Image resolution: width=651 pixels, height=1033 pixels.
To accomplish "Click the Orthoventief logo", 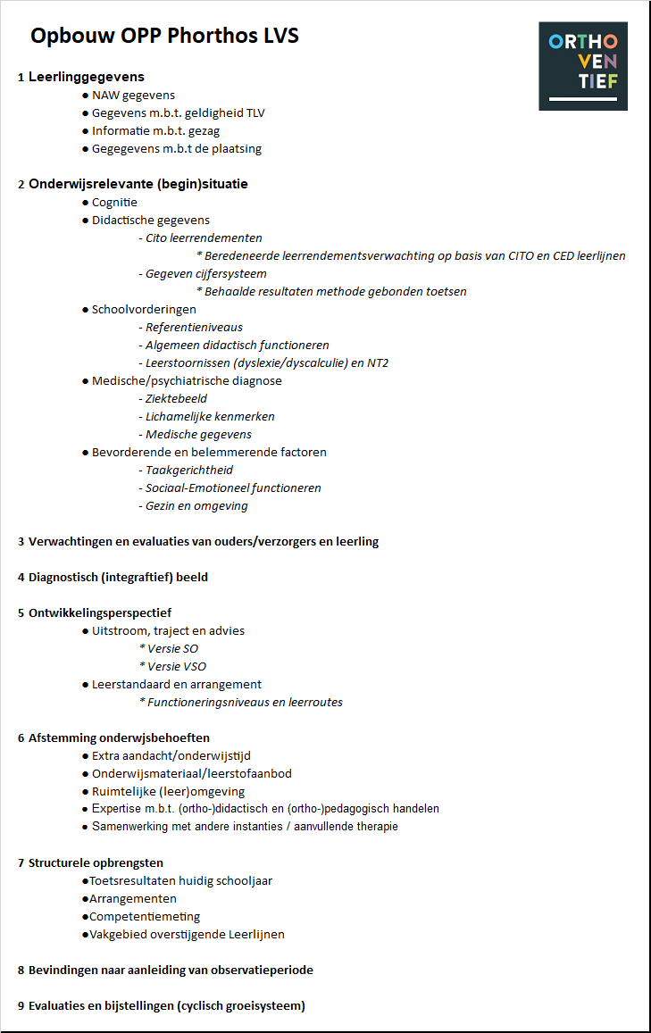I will coord(582,66).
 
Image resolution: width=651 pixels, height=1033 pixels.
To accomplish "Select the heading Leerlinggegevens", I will coord(86,77).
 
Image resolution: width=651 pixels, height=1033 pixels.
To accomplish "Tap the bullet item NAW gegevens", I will coord(133,95).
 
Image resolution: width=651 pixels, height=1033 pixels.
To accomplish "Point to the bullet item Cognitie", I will coord(114,202).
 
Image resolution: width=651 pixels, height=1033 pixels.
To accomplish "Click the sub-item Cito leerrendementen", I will coord(204,237).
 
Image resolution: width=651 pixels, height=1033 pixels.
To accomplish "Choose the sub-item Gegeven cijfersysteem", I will coord(205,273).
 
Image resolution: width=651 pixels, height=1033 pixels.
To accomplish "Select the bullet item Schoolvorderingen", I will coord(144,309).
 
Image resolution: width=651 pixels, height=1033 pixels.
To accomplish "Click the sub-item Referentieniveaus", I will coord(194,327).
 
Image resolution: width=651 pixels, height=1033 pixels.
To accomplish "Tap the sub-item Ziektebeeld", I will coord(176,398).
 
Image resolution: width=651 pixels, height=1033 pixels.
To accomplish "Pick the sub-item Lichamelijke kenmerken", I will coord(210,416).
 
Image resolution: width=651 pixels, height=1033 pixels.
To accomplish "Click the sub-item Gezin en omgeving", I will coord(196,505).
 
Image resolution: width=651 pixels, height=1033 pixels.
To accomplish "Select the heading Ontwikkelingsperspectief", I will coord(99,612).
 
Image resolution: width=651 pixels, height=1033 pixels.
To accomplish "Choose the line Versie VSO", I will coord(172,666).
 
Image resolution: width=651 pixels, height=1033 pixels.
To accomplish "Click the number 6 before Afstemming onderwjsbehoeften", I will coord(21,738).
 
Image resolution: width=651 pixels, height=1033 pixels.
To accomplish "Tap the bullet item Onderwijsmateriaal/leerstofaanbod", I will coord(191,773).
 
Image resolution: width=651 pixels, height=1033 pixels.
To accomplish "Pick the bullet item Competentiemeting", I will coord(144,916).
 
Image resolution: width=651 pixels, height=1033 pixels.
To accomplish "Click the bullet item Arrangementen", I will coord(132,898).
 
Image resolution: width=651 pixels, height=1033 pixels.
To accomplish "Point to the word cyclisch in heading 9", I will coord(203,1005).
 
